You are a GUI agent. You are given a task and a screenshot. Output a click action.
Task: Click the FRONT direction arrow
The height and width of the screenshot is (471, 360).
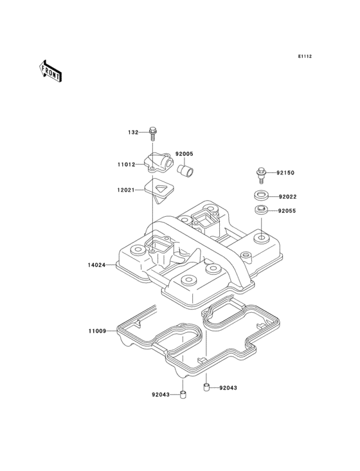tap(50, 71)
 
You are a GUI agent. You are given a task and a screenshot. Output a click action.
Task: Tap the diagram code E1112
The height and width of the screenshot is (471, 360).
tap(305, 56)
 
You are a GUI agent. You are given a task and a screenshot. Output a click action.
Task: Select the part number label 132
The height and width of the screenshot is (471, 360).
tap(133, 132)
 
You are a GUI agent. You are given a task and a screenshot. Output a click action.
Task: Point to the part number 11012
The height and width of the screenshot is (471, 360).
tap(126, 165)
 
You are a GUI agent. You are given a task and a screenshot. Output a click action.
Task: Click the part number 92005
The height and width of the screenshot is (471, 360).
tap(184, 154)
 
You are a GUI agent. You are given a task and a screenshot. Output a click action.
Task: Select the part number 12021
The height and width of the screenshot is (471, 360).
tap(126, 190)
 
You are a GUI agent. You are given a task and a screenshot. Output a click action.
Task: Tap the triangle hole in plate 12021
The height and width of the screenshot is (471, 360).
tap(161, 189)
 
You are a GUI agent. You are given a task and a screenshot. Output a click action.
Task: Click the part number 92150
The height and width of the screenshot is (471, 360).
tap(285, 172)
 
